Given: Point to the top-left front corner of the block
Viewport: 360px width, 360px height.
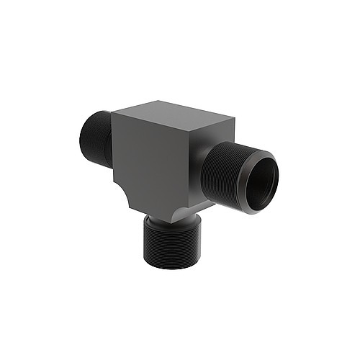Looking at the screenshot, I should pos(114,113).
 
